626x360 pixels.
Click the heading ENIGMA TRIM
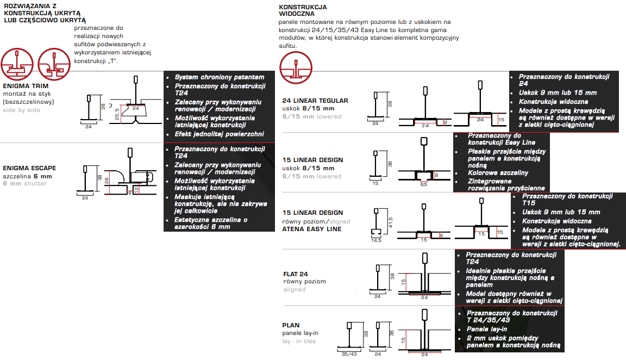(26, 86)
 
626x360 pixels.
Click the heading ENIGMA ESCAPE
(29, 168)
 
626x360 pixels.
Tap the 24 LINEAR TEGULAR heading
(315, 101)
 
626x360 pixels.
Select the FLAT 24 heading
(296, 274)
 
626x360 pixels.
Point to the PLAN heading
(291, 325)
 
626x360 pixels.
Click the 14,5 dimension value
(375, 240)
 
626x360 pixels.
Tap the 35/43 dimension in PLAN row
(349, 354)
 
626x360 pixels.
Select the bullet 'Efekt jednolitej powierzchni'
(219, 134)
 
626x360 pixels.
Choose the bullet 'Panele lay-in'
(487, 329)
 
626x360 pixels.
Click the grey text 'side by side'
(22, 110)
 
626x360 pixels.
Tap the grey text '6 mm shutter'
(25, 183)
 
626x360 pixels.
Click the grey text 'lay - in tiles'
(299, 341)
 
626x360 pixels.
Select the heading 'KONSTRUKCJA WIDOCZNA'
(303, 10)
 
